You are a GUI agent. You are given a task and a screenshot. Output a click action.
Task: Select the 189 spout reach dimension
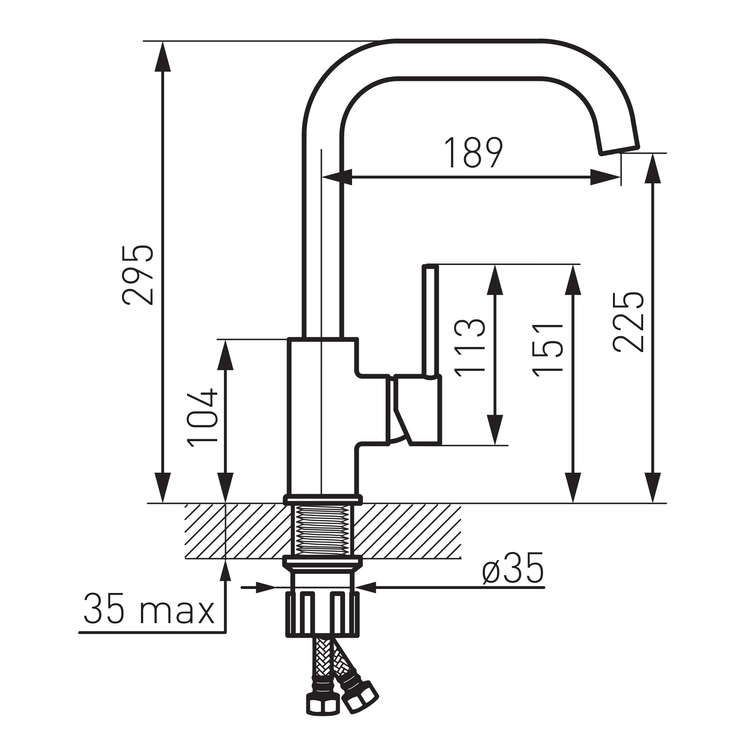474,152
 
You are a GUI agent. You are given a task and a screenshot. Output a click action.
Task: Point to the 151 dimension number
548,350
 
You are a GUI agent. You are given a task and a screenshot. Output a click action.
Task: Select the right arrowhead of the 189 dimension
605,177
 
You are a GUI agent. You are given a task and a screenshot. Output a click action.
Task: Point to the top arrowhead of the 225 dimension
653,168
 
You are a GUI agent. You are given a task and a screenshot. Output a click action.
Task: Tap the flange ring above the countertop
322,499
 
